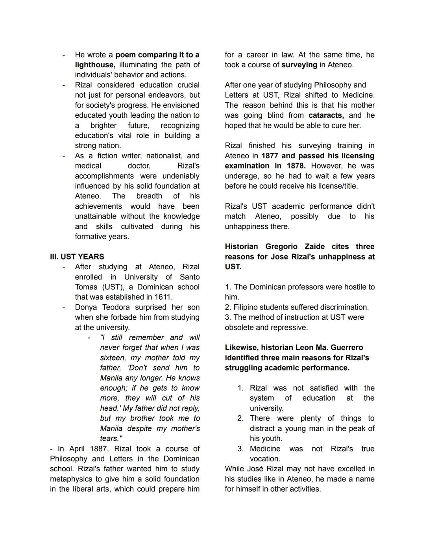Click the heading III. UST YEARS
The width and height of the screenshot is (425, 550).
77,257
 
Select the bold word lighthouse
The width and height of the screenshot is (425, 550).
94,65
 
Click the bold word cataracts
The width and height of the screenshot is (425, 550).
326,115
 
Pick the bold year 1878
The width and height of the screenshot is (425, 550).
296,166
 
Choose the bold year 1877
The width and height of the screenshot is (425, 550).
270,156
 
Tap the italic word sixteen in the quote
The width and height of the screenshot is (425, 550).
113,358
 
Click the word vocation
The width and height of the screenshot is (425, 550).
265,459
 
